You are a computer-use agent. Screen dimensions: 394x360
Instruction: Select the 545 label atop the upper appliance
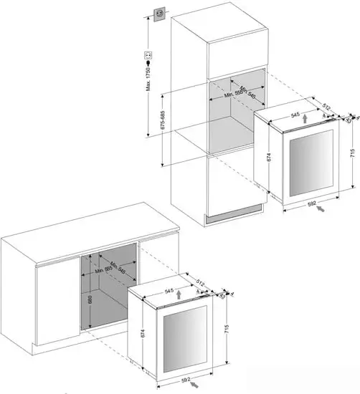coord(294,114)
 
